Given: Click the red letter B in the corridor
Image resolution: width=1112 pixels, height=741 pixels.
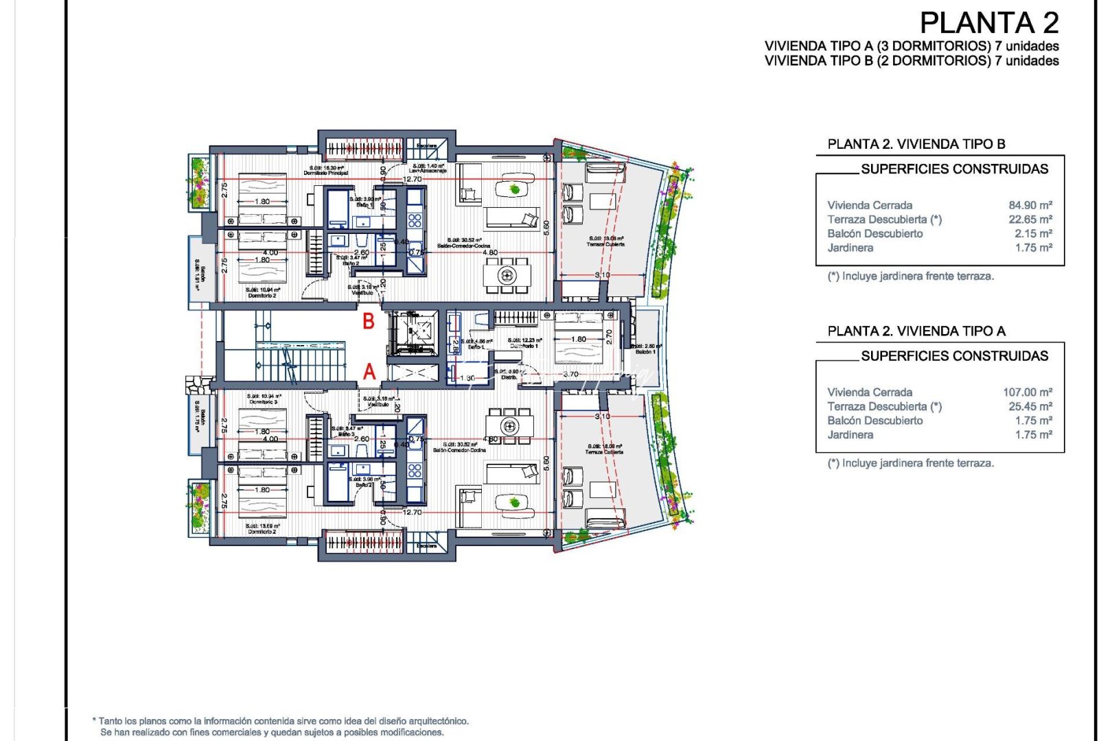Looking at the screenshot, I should click(x=369, y=320).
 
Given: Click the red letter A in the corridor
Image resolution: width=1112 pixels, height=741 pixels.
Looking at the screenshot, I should click(x=369, y=372).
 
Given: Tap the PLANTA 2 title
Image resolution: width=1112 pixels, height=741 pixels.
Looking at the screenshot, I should click(x=989, y=23).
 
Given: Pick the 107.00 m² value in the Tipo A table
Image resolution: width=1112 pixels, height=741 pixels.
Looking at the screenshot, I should click(x=1028, y=392).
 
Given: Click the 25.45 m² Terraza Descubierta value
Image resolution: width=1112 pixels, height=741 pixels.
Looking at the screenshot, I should click(x=1030, y=407).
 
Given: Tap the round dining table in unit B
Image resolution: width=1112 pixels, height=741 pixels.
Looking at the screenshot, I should click(x=507, y=276).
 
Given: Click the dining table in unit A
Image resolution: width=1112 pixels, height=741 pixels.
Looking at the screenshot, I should click(x=509, y=425).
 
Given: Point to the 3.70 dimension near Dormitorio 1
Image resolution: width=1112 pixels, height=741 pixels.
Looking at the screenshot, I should click(x=570, y=375).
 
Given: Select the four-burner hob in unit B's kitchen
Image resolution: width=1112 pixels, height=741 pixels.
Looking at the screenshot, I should click(x=415, y=220).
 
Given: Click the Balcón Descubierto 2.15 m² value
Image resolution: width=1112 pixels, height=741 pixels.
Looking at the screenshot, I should click(x=1033, y=234).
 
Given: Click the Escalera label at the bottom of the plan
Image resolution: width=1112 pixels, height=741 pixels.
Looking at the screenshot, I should click(x=426, y=546).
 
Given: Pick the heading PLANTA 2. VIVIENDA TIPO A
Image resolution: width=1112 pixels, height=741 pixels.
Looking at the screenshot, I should click(x=916, y=331).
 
